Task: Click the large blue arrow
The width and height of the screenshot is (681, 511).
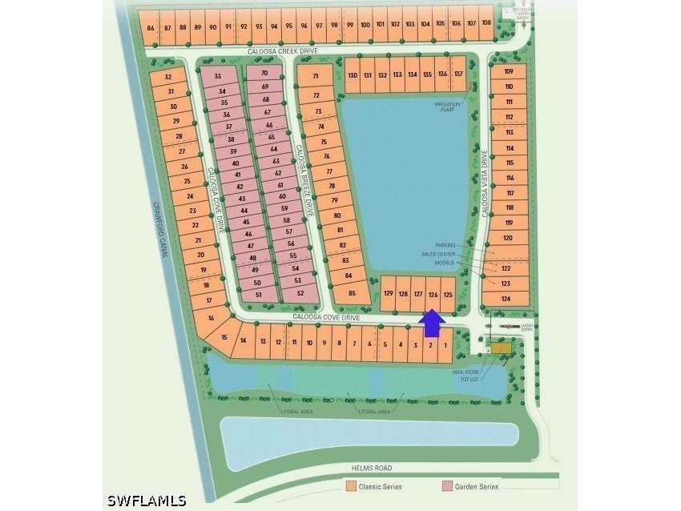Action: tap(433, 323)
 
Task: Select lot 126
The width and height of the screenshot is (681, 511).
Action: tap(433, 295)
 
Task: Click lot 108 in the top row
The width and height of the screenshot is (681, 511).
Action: tap(486, 24)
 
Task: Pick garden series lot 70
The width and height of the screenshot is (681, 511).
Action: tap(264, 73)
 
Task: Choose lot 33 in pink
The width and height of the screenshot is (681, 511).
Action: tap(218, 76)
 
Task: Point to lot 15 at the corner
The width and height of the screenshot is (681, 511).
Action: tap(225, 336)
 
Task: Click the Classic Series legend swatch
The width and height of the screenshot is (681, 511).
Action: tap(351, 486)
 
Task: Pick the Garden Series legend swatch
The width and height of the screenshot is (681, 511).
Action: tap(447, 486)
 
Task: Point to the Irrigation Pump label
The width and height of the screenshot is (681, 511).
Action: tap(449, 107)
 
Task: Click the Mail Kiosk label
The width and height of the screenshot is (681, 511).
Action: tap(465, 372)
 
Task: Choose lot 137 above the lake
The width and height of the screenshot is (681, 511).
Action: tap(458, 74)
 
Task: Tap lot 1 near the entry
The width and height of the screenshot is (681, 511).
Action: tap(445, 344)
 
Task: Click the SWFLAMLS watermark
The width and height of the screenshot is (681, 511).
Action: tap(147, 501)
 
